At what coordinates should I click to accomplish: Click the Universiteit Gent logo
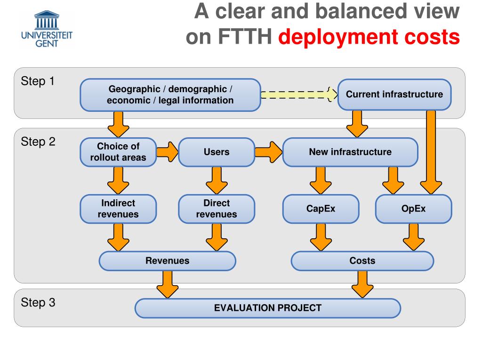tap(47, 29)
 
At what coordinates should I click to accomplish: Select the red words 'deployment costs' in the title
tap(369, 37)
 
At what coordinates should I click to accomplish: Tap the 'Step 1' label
tap(38, 81)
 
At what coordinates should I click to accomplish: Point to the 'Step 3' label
tap(38, 302)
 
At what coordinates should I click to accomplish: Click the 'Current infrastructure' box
tap(394, 94)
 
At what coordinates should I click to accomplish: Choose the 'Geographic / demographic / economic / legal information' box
tap(170, 94)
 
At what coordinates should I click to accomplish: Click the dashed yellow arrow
tap(299, 94)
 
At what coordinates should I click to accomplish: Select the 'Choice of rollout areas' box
tap(118, 152)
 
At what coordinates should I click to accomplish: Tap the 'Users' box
tap(217, 152)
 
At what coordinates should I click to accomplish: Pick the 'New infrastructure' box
tap(350, 152)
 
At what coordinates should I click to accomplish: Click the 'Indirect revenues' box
tap(118, 209)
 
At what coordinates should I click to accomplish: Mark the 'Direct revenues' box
tap(217, 209)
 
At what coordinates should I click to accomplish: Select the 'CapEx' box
tap(321, 209)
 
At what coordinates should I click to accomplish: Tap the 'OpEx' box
tap(413, 209)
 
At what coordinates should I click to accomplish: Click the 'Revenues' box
tap(167, 261)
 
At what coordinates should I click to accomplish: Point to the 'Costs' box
tap(362, 261)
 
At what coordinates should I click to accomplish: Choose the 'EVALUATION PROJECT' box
tap(268, 308)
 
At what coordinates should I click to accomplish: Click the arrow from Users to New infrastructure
tap(268, 152)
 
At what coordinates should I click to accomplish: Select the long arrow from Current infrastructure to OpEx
tap(431, 152)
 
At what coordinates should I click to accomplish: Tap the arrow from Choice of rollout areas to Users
tap(168, 152)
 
